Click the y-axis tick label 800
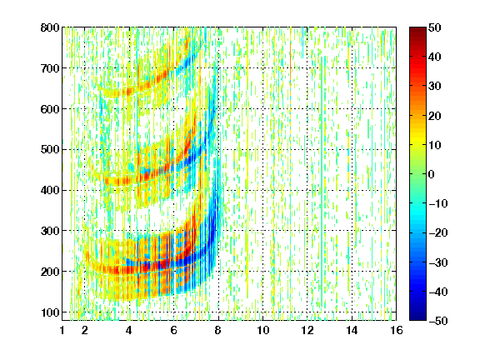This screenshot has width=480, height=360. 50,27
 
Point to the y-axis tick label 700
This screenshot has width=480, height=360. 50,68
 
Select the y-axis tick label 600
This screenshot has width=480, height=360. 50,109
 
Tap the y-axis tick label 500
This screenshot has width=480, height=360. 50,150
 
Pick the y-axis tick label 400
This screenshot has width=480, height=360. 50,190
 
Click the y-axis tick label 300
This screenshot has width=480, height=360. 50,231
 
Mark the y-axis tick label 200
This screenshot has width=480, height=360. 50,272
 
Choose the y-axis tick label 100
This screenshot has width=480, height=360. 50,312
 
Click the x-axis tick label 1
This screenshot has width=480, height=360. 62,330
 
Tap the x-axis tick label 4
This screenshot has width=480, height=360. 129,330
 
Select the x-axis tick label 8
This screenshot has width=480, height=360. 217,330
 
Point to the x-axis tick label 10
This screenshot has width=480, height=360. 263,330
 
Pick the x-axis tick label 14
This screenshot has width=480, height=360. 352,330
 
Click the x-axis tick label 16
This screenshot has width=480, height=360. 397,330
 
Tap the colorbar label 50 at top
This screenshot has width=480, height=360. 434,27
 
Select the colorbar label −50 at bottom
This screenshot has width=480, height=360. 438,321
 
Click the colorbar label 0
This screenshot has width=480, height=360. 431,174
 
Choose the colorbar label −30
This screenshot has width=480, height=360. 438,262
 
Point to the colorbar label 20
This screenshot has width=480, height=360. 434,116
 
